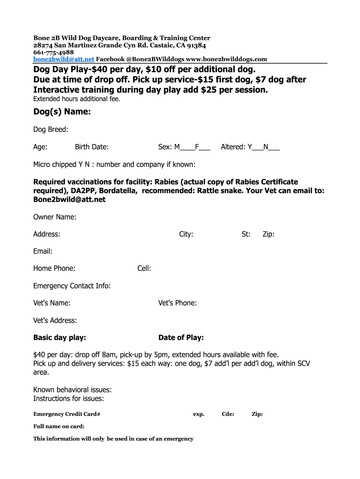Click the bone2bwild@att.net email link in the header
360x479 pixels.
pos(64,59)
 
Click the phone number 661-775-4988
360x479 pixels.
pos(53,52)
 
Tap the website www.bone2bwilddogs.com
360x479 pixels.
pos(227,59)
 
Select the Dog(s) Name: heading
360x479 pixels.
pos(62,112)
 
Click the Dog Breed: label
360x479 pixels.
pos(51,130)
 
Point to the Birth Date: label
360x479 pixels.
pos(92,147)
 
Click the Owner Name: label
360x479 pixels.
pos(55,217)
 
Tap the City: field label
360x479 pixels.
pos(186,234)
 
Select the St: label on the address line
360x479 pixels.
pos(246,234)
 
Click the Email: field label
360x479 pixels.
pos(43,252)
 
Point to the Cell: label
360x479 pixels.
pos(144,269)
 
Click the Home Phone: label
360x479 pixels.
pos(54,269)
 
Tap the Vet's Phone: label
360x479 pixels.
pos(178,303)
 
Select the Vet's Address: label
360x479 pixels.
pos(55,320)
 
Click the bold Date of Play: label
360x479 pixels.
pos(181,338)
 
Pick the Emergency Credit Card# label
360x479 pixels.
pos(67,414)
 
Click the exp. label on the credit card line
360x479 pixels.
pos(199,414)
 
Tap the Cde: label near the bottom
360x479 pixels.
pos(228,414)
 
